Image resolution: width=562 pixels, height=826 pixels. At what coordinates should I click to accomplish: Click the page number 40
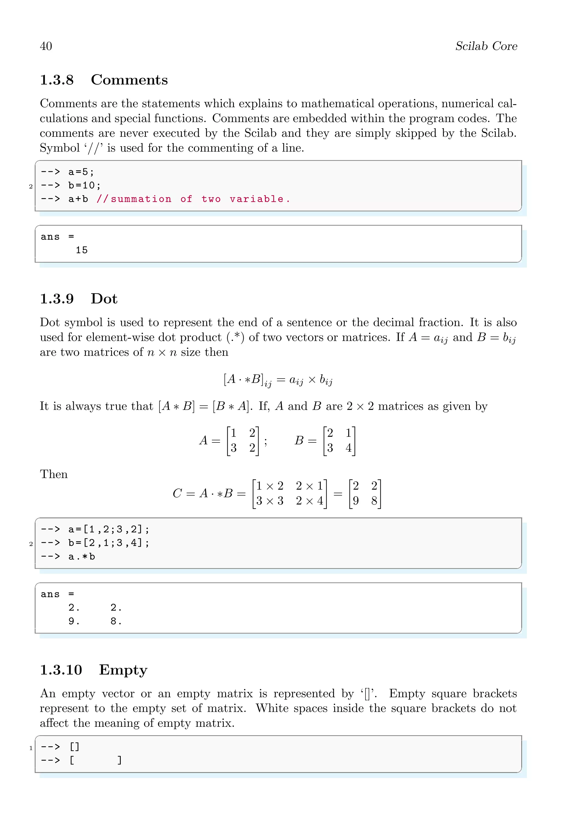coord(46,46)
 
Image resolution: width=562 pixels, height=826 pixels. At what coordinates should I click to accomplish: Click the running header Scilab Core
coord(486,46)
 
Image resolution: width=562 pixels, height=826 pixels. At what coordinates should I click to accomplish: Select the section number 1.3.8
coord(57,80)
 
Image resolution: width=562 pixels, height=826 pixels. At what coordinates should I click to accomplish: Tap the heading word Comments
coord(129,80)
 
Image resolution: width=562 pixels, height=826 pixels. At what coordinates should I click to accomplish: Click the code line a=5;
coord(81,172)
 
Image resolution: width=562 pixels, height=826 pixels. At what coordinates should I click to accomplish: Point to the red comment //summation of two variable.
coord(193,199)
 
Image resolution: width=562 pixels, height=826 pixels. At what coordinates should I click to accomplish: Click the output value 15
coord(82,250)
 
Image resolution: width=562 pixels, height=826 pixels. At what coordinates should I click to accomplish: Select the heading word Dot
coord(104,299)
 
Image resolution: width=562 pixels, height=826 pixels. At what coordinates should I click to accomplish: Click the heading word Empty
coord(123,670)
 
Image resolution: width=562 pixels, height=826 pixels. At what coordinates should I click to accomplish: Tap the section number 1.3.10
coord(61,670)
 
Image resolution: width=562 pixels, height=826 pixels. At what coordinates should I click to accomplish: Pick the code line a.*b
coord(82,557)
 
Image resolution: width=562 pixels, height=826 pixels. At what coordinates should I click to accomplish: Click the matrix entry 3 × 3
coord(270,501)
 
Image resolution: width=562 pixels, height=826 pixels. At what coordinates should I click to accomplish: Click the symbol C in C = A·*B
coord(177,494)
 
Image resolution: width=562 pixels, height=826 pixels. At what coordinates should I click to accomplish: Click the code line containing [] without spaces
coord(75,747)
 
